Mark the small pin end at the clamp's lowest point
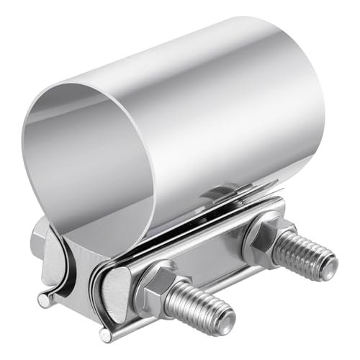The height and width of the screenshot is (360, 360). click(106, 336)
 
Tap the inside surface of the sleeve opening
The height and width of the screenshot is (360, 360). click(94, 158)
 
